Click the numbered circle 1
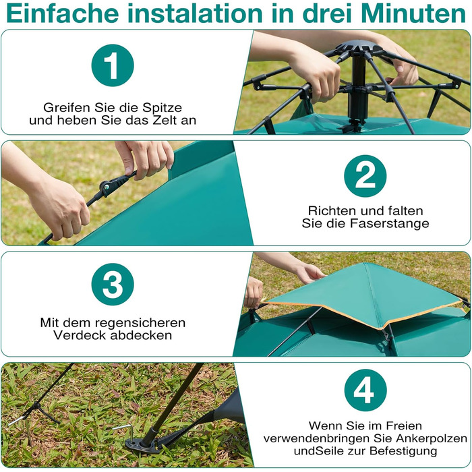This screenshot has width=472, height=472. point(113,65)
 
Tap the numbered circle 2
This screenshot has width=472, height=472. point(365,176)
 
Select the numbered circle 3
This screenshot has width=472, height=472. point(113,285)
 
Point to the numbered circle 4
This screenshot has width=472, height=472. point(365,390)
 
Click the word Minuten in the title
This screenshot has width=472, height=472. point(413,14)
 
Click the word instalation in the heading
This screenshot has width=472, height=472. point(196,14)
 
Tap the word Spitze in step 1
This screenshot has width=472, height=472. point(163,108)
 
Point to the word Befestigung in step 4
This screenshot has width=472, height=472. point(403,451)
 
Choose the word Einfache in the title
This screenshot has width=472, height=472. point(62,14)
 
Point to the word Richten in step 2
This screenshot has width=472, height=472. point(330,210)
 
